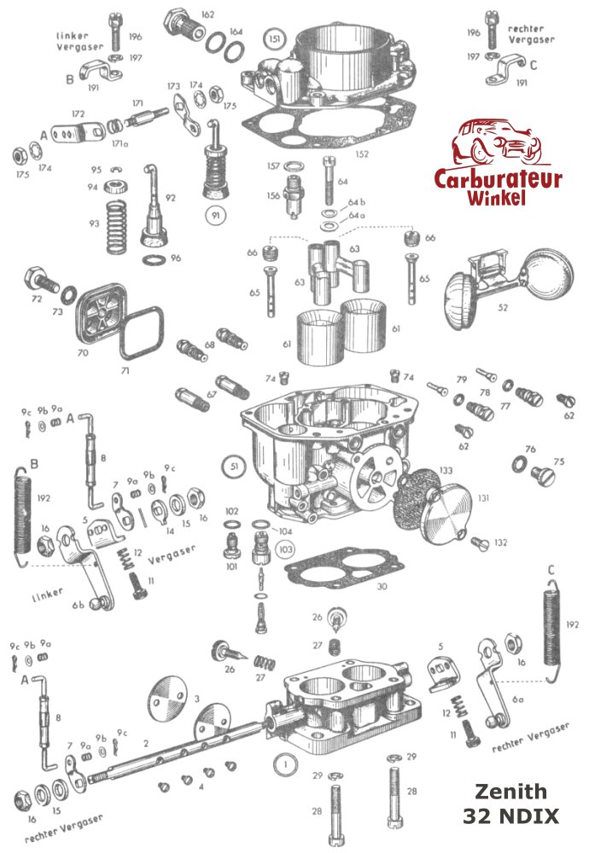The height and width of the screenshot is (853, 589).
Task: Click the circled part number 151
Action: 274,39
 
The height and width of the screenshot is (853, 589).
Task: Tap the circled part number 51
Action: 234,467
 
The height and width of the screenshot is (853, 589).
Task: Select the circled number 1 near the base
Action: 285,764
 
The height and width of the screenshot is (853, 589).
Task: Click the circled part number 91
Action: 216,216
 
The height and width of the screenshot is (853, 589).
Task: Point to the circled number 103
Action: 286,549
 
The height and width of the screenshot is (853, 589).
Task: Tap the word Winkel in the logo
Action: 497,197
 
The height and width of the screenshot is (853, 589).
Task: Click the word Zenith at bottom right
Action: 510,791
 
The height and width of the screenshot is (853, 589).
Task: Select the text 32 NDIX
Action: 510,816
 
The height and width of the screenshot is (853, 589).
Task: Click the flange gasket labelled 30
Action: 345,566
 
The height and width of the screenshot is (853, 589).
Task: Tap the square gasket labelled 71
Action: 142,333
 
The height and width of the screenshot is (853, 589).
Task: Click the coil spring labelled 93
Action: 115,227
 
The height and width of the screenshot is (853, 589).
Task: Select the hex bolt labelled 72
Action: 41,281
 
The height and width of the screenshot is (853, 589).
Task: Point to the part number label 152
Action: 362,154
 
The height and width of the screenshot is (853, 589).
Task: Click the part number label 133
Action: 446,470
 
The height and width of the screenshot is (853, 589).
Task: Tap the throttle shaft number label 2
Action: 146,744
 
